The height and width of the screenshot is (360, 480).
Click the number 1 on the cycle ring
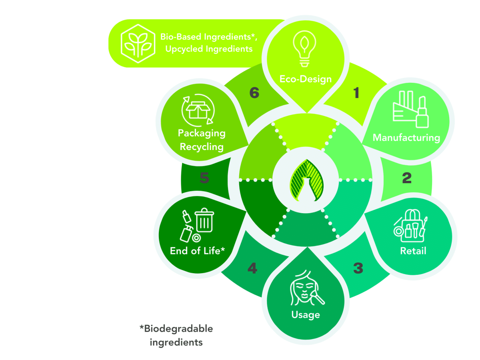tap(356, 93)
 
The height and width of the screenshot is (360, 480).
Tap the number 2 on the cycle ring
tap(406, 178)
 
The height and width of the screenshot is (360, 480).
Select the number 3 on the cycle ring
tap(358, 268)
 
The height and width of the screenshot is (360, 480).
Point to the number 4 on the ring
tap(252, 268)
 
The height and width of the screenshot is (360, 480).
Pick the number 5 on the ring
tap(204, 178)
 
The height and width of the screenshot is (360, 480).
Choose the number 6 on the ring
tap(254, 93)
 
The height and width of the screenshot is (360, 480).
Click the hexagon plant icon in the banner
tap(138, 44)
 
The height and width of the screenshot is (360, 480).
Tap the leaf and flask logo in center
tap(306, 179)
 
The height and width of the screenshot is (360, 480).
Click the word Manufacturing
tap(406, 138)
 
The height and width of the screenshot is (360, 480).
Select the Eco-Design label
tap(306, 78)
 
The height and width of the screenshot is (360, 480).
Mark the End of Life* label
tap(198, 251)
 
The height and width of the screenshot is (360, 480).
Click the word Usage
tap(306, 315)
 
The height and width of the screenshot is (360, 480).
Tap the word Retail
tap(413, 251)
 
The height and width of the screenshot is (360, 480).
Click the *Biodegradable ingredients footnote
tap(176, 335)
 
